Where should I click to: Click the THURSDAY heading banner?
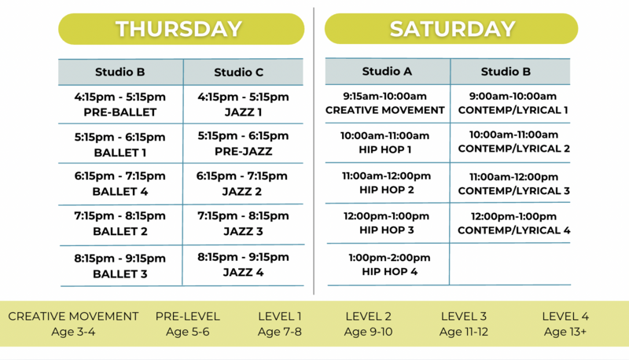(x=182, y=29)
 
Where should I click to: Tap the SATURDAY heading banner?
(x=451, y=28)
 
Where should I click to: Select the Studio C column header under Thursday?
(x=243, y=72)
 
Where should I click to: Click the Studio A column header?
(x=388, y=72)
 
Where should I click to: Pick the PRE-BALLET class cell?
(x=120, y=105)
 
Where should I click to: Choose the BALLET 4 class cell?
(x=120, y=184)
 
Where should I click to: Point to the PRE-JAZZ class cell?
(x=243, y=144)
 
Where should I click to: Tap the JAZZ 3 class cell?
(x=243, y=224)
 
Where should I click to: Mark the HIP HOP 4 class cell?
(x=388, y=265)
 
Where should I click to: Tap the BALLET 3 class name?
(x=120, y=274)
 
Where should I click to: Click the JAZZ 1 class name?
(x=243, y=112)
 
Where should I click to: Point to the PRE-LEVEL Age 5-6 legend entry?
(x=188, y=324)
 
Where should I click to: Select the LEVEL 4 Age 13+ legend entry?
(x=565, y=324)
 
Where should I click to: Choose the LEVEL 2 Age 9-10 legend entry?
(x=368, y=324)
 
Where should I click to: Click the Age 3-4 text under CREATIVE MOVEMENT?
(x=73, y=332)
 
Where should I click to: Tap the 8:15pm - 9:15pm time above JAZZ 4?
(x=243, y=257)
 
